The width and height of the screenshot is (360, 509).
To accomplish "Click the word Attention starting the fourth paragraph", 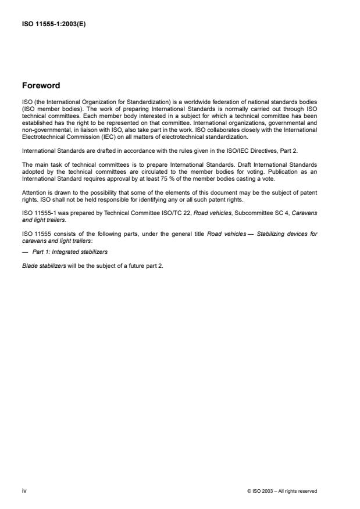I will point(33,192).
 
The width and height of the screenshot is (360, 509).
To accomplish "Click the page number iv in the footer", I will point(24,490).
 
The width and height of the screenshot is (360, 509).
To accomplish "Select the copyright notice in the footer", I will point(281,491).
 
